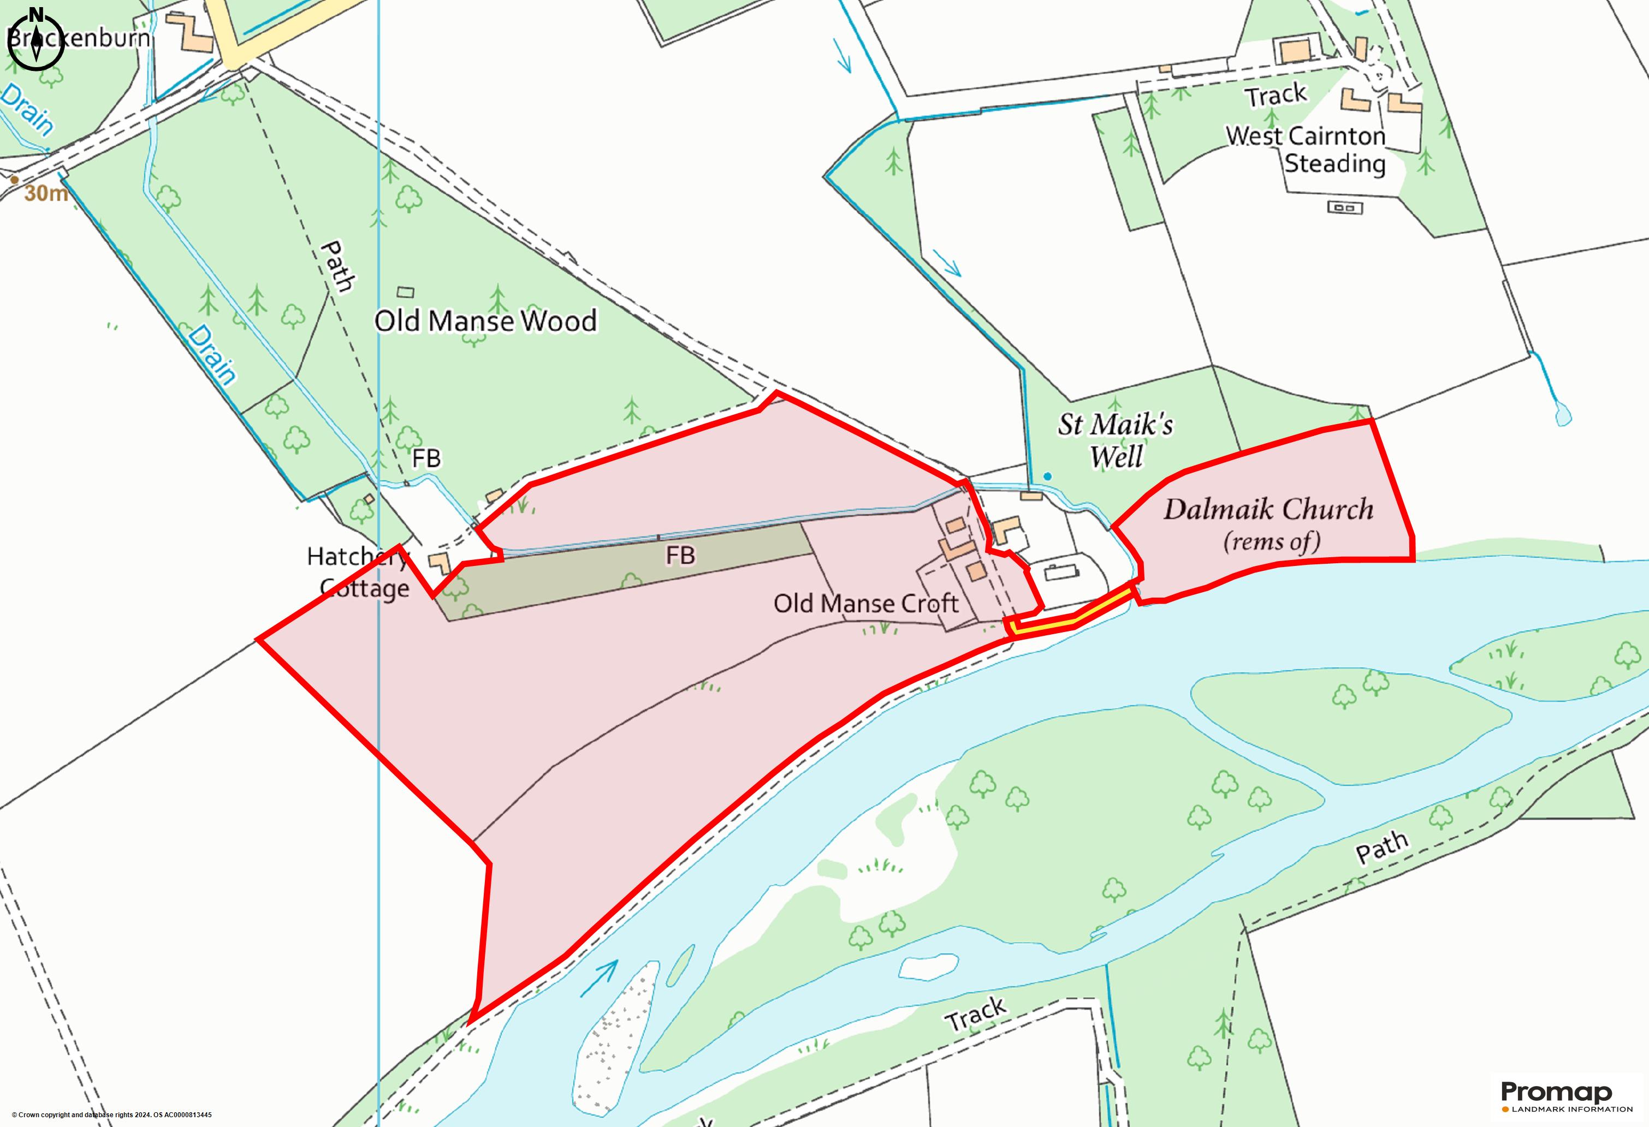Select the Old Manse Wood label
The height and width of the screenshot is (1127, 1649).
click(485, 321)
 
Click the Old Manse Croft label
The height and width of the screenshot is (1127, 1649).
click(865, 604)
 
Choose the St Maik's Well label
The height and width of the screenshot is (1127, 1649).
click(1116, 440)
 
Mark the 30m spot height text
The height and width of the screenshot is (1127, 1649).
click(46, 193)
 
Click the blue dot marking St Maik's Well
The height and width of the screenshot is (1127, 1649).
click(1047, 476)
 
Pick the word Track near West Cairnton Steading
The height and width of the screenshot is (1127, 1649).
click(1276, 95)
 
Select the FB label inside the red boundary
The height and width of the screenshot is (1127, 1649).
click(680, 556)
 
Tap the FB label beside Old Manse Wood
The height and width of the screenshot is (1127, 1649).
click(426, 459)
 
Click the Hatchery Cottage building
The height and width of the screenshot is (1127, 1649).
click(439, 564)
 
